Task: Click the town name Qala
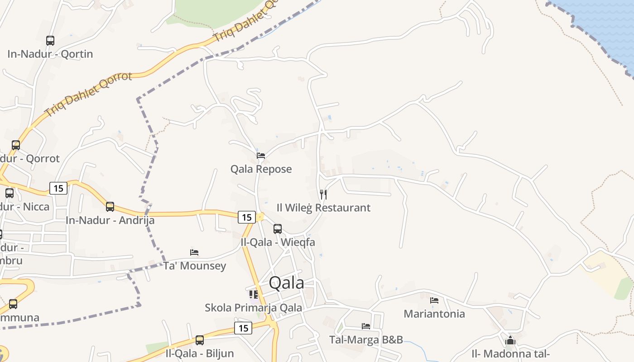click(286, 283)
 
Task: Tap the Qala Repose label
click(261, 169)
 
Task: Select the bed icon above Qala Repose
click(261, 156)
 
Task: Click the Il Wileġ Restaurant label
click(323, 208)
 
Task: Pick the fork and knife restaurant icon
click(323, 195)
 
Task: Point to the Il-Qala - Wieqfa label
click(278, 242)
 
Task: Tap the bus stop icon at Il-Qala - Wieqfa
click(278, 229)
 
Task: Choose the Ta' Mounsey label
click(194, 266)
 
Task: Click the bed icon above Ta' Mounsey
click(194, 252)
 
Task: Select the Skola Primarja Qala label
click(253, 308)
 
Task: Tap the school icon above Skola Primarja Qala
click(254, 295)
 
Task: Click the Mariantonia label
click(434, 314)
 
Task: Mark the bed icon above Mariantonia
click(434, 300)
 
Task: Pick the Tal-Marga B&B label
click(366, 339)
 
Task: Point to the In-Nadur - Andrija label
click(110, 220)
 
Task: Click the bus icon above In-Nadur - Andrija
click(110, 207)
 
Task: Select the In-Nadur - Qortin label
click(50, 54)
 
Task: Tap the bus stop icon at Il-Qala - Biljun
click(200, 340)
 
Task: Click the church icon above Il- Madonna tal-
click(510, 340)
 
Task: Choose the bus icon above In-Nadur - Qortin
click(50, 41)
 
